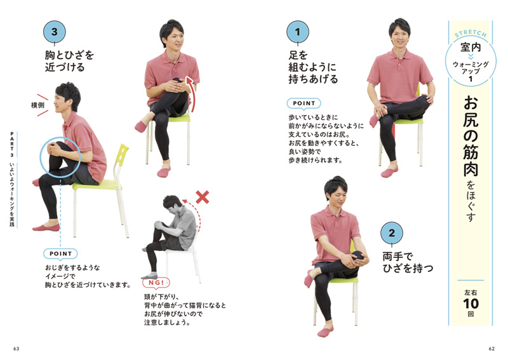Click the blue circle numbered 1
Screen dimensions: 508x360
[x=297, y=32]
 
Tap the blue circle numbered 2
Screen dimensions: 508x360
[x=392, y=233]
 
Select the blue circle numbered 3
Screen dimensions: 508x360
[x=55, y=32]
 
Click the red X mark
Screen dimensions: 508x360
[x=202, y=197]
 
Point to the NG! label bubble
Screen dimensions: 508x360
[x=156, y=283]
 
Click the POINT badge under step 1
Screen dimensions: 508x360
[x=304, y=103]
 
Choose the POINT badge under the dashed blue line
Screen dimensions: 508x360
[x=60, y=254]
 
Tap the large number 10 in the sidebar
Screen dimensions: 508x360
[x=471, y=303]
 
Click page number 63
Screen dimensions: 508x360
[x=17, y=349]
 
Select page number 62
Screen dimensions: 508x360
[x=491, y=349]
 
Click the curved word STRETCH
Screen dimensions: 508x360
[x=471, y=33]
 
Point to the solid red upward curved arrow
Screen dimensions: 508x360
[x=192, y=94]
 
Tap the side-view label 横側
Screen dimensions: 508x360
[x=37, y=105]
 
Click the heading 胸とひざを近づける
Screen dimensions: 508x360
[x=69, y=61]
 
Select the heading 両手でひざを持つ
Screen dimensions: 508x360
[x=408, y=262]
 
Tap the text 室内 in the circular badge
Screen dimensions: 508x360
[x=471, y=48]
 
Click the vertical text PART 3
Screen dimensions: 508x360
[x=12, y=145]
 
